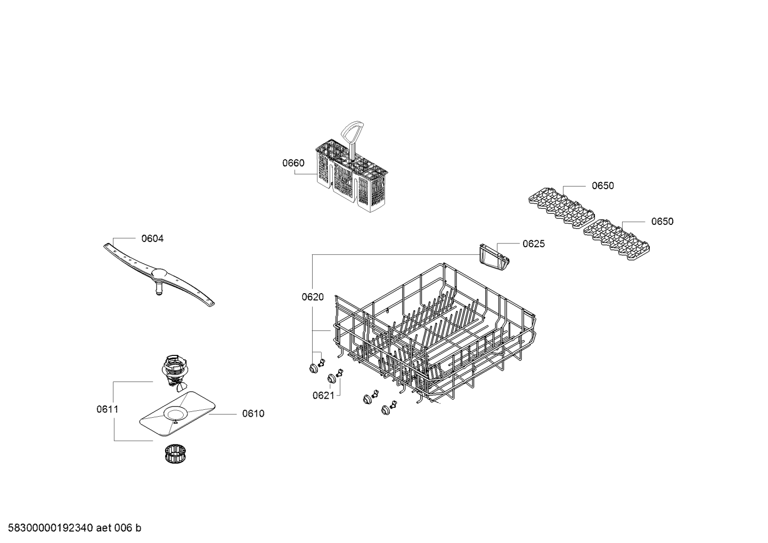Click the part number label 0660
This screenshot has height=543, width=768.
tap(293, 163)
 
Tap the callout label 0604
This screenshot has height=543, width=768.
tap(152, 238)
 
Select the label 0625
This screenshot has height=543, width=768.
tap(534, 244)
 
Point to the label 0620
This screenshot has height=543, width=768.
tap(313, 297)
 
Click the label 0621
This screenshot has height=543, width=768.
tap(323, 395)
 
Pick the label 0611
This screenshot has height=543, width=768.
tap(107, 409)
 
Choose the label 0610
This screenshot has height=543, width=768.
tap(254, 414)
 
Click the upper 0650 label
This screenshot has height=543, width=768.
tap(603, 185)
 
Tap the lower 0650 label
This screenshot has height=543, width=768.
tap(663, 222)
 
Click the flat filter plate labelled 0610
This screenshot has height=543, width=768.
tap(177, 414)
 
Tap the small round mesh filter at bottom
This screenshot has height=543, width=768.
tap(175, 453)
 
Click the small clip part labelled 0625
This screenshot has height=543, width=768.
tap(494, 257)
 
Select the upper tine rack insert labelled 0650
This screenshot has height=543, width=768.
tap(561, 207)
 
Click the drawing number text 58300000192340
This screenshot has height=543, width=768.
tap(51, 528)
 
